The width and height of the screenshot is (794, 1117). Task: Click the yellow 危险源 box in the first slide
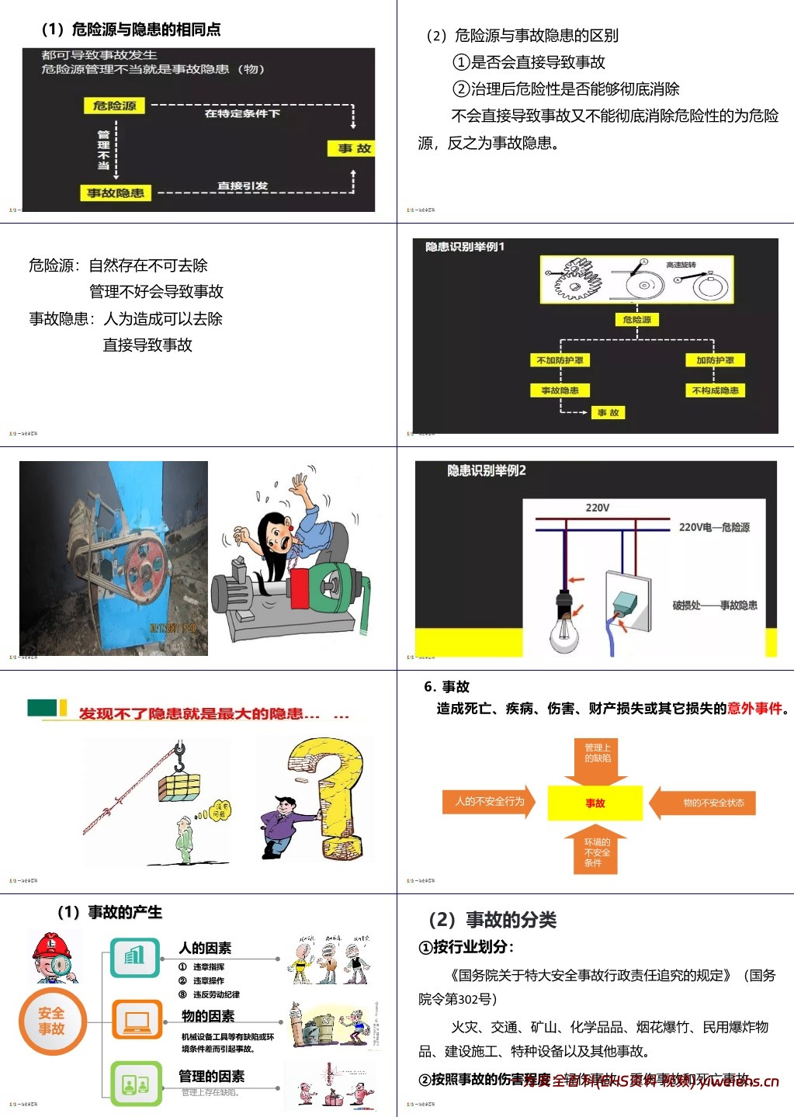114,106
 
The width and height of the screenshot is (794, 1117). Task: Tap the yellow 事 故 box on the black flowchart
354,148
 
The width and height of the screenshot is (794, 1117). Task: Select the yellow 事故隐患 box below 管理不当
115,193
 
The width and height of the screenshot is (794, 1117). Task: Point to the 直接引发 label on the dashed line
242,186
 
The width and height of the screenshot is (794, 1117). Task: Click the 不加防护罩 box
560,360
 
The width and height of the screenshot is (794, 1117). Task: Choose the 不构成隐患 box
715,390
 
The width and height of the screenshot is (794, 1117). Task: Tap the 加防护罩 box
715,360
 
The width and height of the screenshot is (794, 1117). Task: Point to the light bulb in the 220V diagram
564,629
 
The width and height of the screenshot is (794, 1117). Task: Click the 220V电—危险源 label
714,527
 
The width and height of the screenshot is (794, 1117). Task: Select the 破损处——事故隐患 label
714,605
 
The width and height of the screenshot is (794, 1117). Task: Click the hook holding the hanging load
179,756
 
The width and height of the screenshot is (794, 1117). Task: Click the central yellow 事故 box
595,803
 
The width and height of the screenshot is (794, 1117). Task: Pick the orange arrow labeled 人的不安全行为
490,802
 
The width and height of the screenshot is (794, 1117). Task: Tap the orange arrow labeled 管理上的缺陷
597,756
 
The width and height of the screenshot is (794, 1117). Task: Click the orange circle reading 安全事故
52,1021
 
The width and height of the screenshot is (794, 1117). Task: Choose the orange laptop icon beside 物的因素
137,1019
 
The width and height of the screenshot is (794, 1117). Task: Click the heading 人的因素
205,948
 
